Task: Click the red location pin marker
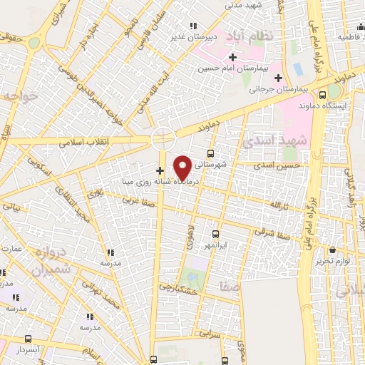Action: pyautogui.click(x=182, y=167)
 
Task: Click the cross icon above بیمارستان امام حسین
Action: pyautogui.click(x=232, y=56)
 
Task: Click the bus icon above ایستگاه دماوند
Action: pyautogui.click(x=323, y=94)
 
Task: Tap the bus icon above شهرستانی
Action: pyautogui.click(x=210, y=153)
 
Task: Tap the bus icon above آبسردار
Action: pyautogui.click(x=28, y=339)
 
